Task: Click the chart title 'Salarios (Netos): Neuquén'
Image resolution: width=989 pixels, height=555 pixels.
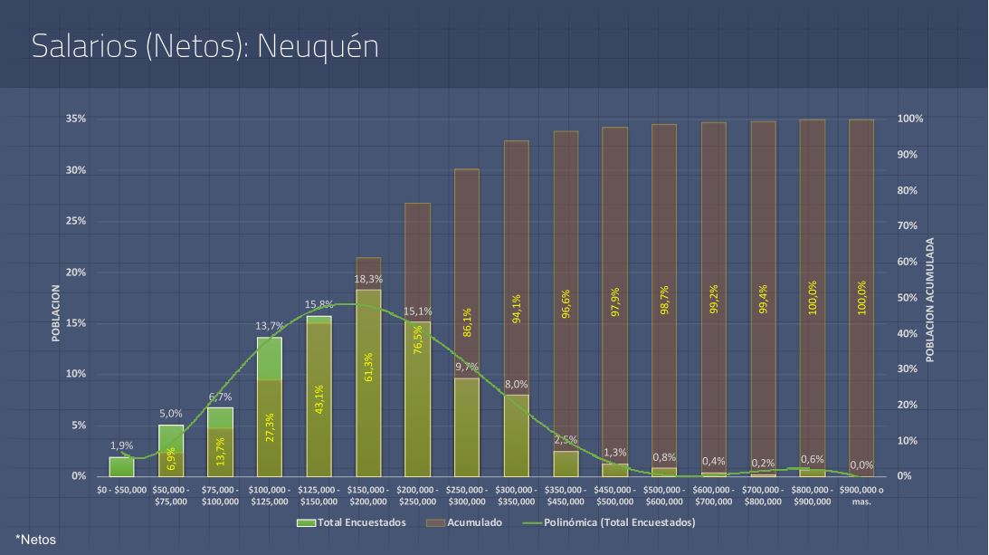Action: [204, 47]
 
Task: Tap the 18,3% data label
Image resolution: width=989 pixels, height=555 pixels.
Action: [368, 280]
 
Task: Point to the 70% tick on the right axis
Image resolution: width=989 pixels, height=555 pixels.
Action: [909, 225]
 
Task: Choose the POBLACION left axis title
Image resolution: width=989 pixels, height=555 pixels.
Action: [55, 313]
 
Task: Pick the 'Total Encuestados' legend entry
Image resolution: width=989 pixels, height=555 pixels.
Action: [357, 522]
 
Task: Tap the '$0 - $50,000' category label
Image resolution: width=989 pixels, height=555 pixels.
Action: [121, 490]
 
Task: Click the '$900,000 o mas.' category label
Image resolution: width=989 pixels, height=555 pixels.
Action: [861, 494]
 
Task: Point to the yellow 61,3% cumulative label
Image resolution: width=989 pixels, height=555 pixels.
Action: [369, 367]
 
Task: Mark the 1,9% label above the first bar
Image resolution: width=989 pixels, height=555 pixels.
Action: [121, 445]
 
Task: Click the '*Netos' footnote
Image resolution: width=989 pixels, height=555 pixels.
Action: [35, 540]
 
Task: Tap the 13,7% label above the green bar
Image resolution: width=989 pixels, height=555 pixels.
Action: [270, 326]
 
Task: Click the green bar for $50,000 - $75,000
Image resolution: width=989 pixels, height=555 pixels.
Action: [171, 450]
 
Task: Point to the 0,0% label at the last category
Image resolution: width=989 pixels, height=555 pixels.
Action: [861, 464]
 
